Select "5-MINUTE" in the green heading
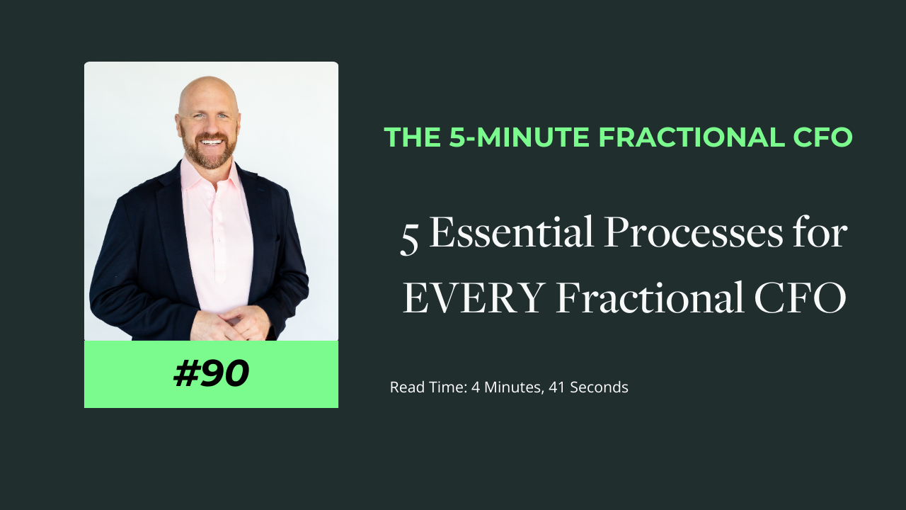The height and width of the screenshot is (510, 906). tap(520, 137)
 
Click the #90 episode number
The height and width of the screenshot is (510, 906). tap(211, 375)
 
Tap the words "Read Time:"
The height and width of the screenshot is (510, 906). tap(428, 387)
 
